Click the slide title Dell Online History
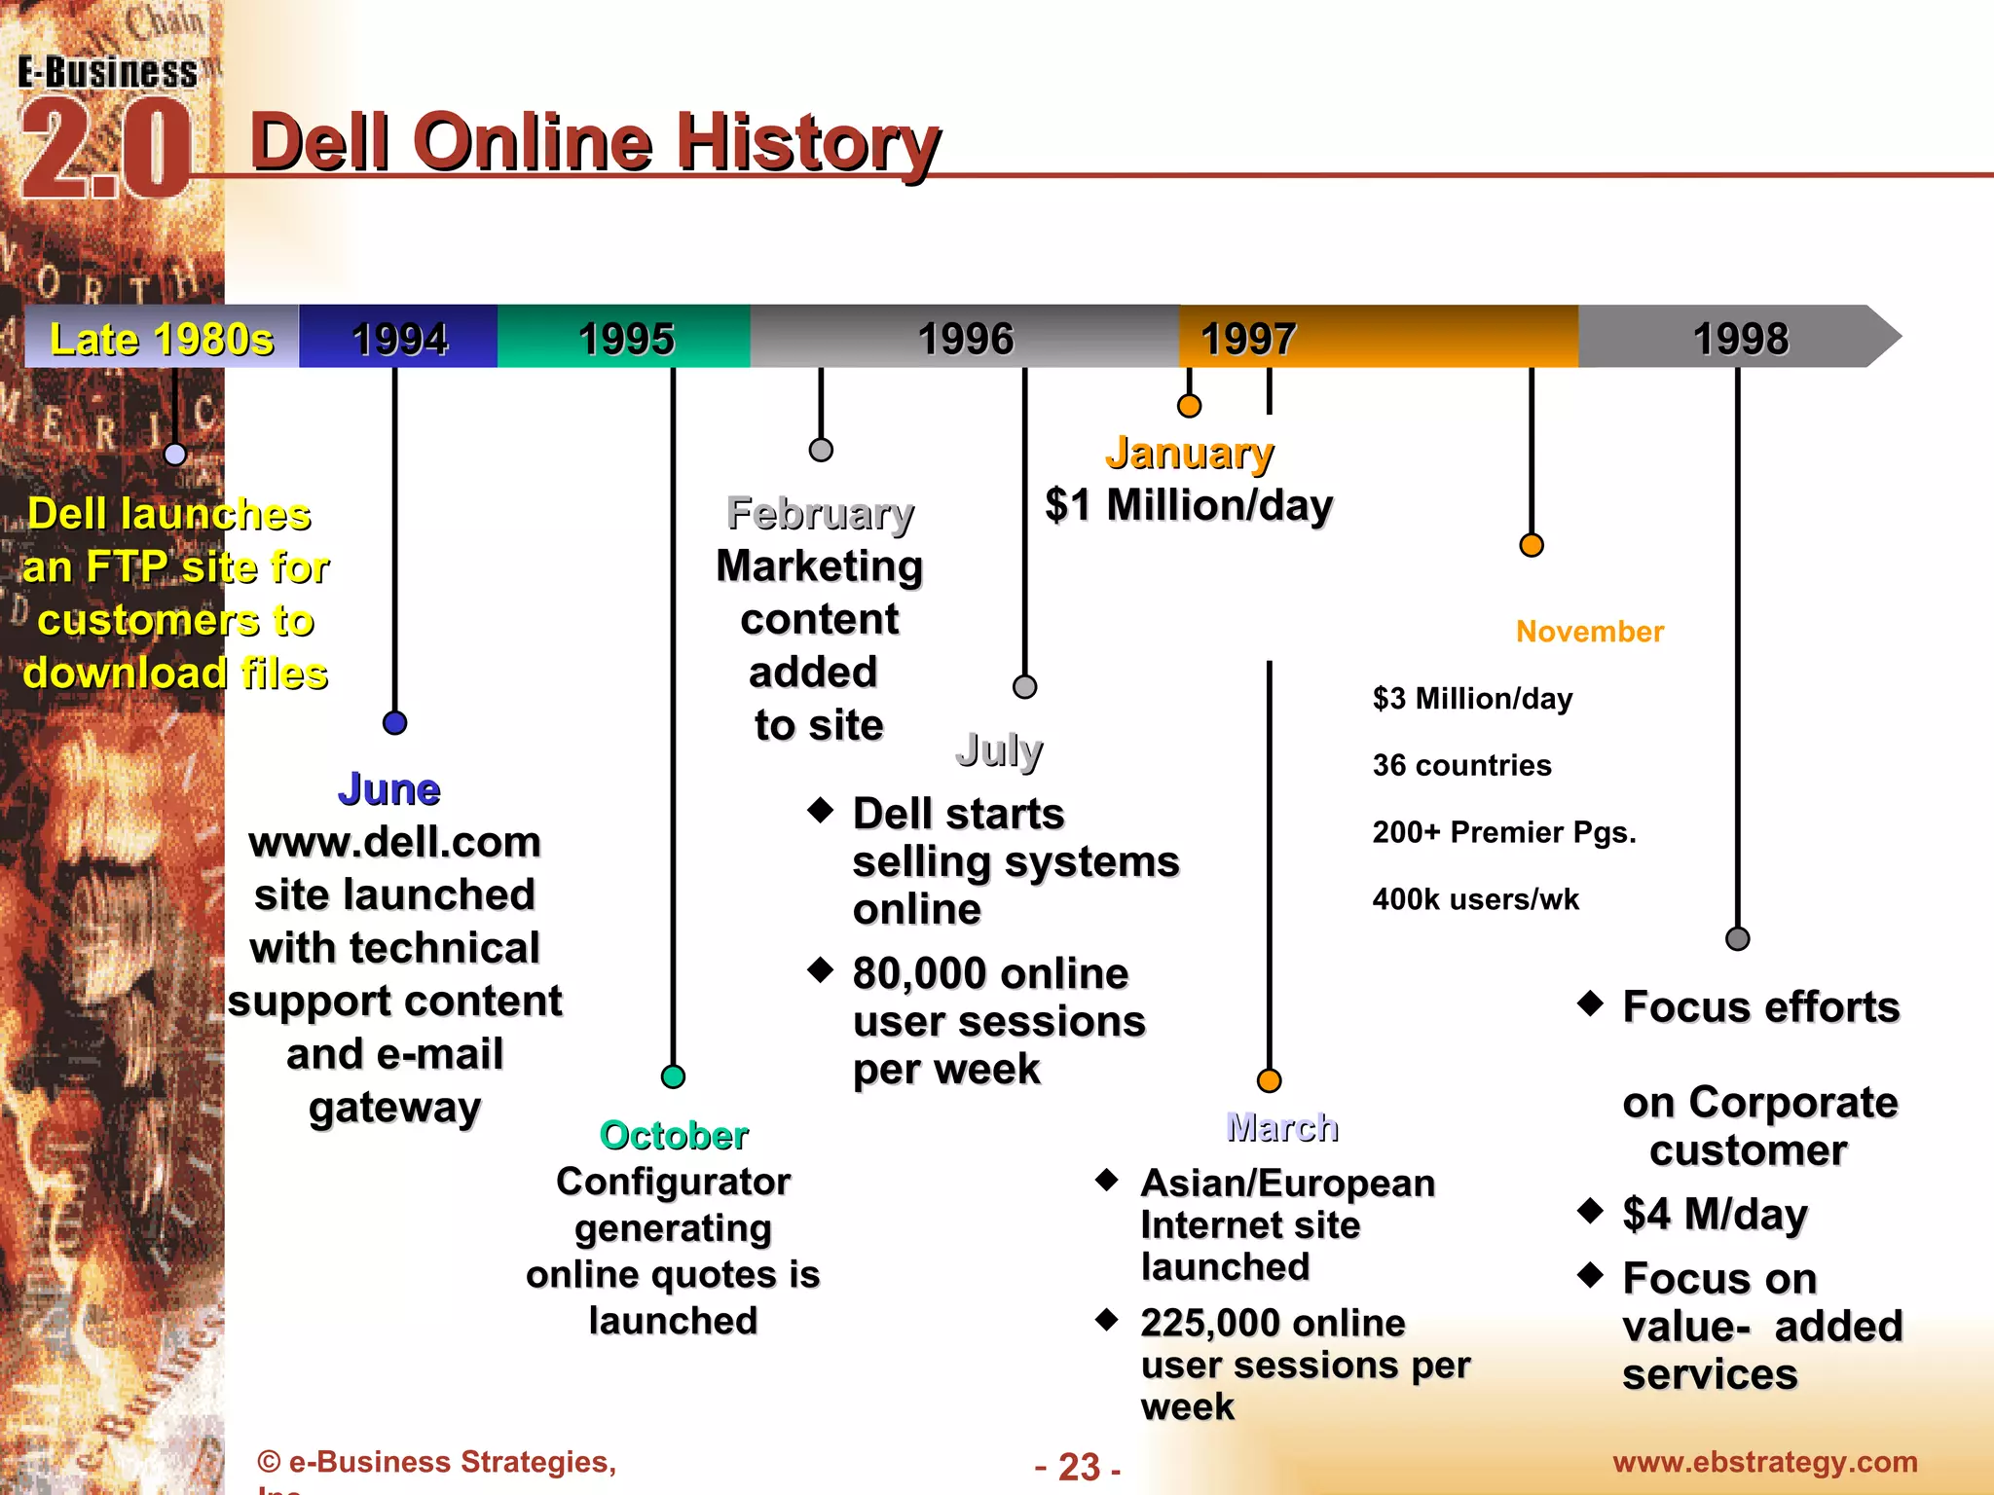click(x=594, y=142)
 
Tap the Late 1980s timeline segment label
click(x=162, y=339)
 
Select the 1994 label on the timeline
click(x=399, y=339)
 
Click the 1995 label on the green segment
click(x=626, y=339)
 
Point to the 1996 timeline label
click(x=966, y=339)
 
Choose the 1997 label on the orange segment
click(x=1248, y=339)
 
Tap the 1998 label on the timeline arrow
click(x=1741, y=339)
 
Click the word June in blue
click(x=389, y=788)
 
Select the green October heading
click(x=674, y=1135)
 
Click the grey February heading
click(x=820, y=513)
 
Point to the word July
click(x=999, y=749)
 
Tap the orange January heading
click(x=1189, y=453)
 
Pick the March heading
click(x=1282, y=1127)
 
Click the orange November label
click(x=1590, y=632)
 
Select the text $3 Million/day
click(x=1472, y=698)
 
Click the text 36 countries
click(x=1461, y=765)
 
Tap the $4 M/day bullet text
click(x=1715, y=1214)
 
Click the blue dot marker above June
click(x=394, y=723)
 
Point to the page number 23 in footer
click(x=1079, y=1467)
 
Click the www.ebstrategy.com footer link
click(x=1764, y=1462)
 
